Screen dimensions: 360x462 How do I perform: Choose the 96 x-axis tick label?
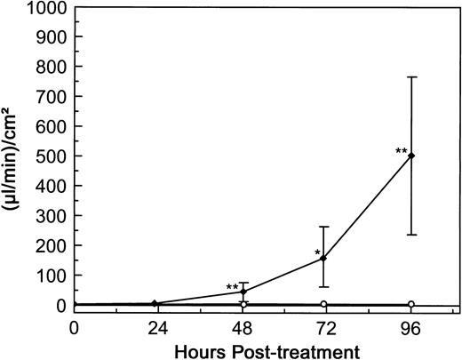[x=410, y=327]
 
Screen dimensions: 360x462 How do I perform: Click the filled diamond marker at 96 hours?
[x=410, y=156]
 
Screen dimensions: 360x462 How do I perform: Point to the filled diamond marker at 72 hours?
[x=326, y=259]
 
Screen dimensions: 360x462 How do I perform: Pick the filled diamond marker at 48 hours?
[x=243, y=292]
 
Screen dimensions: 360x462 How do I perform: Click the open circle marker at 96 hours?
[x=410, y=304]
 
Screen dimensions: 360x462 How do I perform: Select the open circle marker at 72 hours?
[x=326, y=304]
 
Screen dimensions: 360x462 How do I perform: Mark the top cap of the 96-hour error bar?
[x=410, y=77]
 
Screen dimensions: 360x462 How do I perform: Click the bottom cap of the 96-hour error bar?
[x=410, y=235]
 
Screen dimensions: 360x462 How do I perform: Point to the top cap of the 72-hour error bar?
[x=326, y=227]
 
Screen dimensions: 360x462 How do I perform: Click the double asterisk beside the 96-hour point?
[x=401, y=151]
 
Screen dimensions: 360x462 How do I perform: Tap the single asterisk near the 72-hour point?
[x=318, y=253]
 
